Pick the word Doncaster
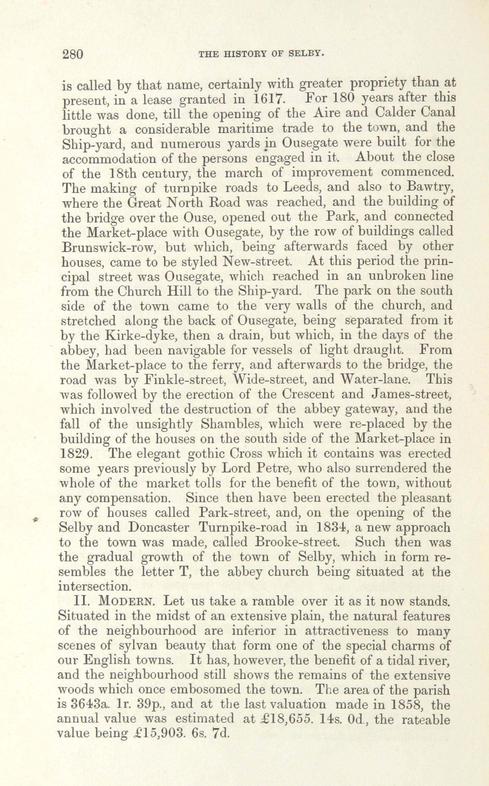coord(159,528)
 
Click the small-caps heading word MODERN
coord(126,602)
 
